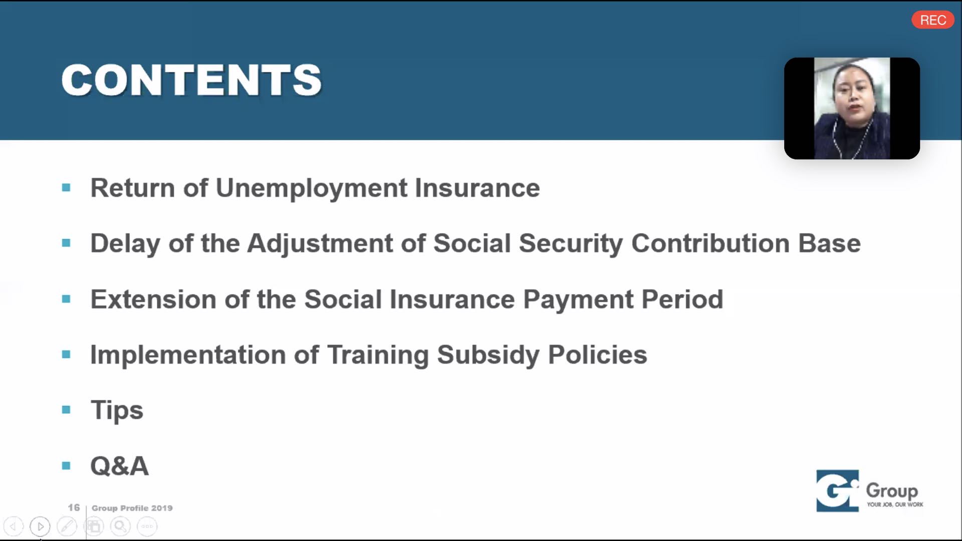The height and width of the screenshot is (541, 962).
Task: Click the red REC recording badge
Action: tap(932, 20)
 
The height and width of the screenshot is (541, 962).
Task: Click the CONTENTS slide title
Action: tap(191, 80)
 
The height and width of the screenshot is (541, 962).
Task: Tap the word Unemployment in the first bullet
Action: tap(311, 189)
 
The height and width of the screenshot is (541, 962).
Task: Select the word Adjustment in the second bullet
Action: tap(320, 244)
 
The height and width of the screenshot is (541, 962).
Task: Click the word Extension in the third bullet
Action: tap(153, 299)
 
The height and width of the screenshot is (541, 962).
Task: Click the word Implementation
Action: tap(188, 355)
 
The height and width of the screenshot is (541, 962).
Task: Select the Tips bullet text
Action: tap(117, 411)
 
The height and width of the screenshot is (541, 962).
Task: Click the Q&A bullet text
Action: tap(119, 466)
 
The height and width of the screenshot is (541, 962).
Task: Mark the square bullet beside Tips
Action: tap(66, 410)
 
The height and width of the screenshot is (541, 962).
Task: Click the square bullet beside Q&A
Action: tap(66, 466)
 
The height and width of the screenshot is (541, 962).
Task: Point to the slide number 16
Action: tap(74, 507)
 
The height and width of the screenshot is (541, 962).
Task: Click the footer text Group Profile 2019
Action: tap(132, 508)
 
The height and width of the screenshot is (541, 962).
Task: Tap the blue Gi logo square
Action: tap(837, 490)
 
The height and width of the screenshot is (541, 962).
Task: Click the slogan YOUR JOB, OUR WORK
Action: tap(895, 504)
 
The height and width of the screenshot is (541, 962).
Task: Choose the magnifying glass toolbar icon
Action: tap(120, 526)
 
